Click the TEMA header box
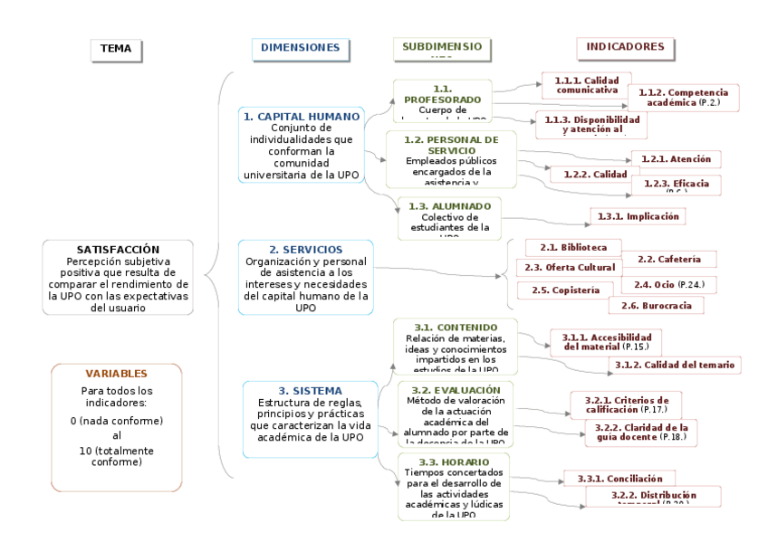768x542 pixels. tap(116, 51)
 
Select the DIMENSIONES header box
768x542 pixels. tap(300, 48)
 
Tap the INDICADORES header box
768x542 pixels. tap(625, 48)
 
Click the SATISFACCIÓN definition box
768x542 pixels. tap(118, 277)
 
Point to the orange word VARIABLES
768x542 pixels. tap(116, 374)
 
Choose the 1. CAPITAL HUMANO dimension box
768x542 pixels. tap(301, 145)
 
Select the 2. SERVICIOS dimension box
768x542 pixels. tap(305, 277)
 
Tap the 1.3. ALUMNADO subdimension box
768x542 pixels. tap(449, 218)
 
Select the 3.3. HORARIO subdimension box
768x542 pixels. tap(453, 487)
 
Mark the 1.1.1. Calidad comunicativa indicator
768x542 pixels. tap(586, 85)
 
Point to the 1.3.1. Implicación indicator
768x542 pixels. tap(638, 216)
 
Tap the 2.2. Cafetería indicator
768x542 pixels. tap(669, 260)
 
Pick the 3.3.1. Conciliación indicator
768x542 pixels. tap(620, 479)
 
